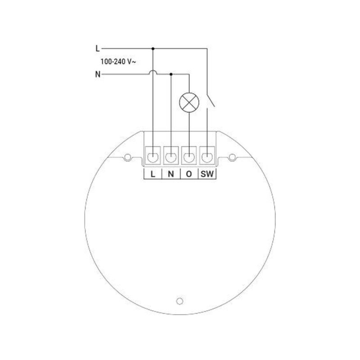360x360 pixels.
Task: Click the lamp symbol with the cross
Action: click(189, 102)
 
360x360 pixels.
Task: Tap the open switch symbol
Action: click(210, 101)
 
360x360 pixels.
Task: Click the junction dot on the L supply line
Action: click(153, 49)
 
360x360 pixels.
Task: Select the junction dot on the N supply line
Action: click(171, 74)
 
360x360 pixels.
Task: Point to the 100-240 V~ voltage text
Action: click(118, 62)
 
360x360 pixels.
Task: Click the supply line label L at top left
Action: click(98, 49)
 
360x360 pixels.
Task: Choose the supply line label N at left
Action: click(98, 75)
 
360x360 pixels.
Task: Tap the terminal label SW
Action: click(207, 174)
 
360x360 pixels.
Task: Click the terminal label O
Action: click(189, 174)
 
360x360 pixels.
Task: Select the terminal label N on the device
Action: click(171, 174)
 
